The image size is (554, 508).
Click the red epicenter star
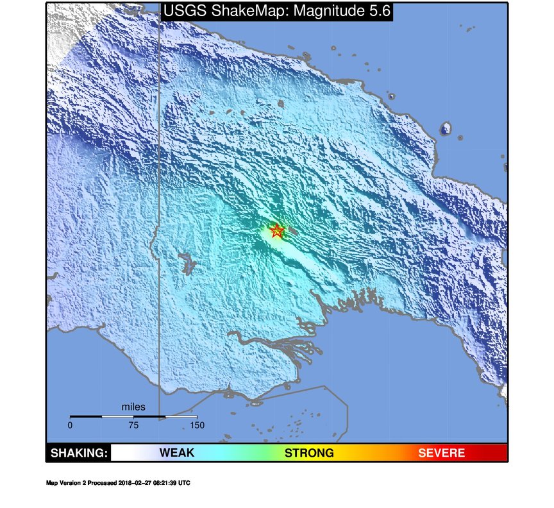coord(277,231)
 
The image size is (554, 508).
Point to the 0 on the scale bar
coord(70,425)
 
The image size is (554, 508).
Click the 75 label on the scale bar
coord(133,425)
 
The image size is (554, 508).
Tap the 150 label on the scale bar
coord(197,425)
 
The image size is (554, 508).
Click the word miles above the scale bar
coord(133,407)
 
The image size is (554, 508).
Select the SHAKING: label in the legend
coord(79,453)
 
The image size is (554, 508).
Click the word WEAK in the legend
coord(176,453)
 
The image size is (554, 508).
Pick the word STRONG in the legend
coord(309,453)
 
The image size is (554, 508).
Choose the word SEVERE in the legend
coord(441,453)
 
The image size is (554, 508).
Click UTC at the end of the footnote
coord(184,482)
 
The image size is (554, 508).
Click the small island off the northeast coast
coord(446,130)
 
